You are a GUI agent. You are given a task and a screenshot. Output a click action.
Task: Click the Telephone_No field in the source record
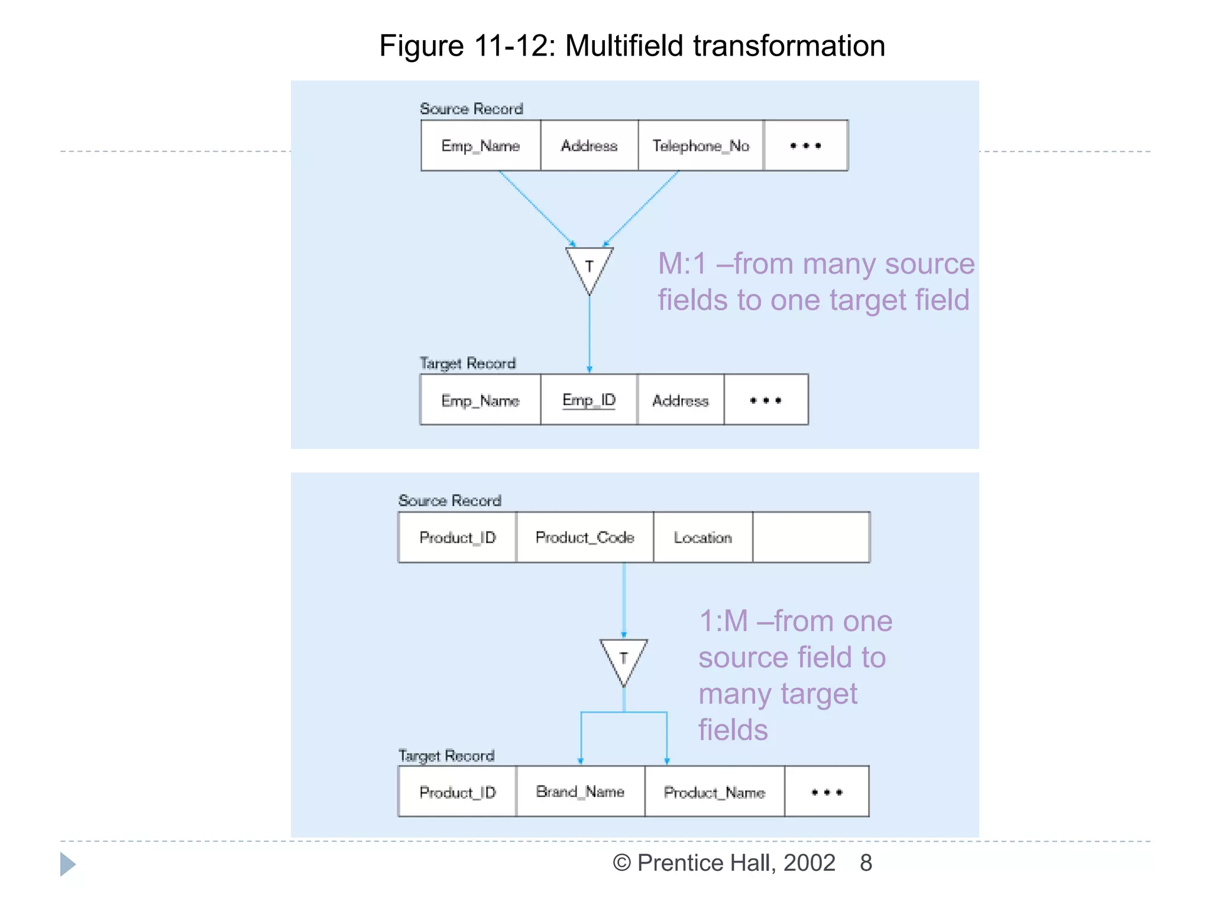tap(701, 145)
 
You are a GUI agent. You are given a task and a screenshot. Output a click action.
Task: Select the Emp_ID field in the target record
tap(589, 400)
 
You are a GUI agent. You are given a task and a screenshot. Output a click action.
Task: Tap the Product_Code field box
tap(584, 537)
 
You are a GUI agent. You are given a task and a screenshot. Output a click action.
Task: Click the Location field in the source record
tap(702, 537)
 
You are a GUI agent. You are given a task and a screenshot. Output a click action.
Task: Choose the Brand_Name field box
tap(580, 792)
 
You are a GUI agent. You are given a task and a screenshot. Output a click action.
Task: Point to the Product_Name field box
tap(714, 792)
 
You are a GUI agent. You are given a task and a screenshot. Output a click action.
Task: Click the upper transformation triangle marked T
tap(589, 267)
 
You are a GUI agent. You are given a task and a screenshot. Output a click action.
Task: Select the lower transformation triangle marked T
tap(623, 659)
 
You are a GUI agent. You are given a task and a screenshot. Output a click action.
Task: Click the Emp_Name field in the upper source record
tap(480, 145)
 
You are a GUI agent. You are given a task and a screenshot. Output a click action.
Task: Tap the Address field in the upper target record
tap(680, 400)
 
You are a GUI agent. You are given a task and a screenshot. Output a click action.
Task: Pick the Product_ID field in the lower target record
tap(457, 792)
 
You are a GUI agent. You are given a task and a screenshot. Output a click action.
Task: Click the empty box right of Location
tap(811, 537)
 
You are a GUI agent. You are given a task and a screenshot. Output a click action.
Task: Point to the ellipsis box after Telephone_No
tap(805, 145)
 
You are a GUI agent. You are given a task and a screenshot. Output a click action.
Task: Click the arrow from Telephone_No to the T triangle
tap(642, 208)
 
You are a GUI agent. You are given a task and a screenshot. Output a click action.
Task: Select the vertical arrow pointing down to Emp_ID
tap(589, 334)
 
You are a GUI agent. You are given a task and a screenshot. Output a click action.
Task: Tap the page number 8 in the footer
tap(866, 863)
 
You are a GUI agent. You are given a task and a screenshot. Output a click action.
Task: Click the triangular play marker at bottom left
tap(67, 864)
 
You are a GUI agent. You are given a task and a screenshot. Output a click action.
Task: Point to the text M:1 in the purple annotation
tap(682, 264)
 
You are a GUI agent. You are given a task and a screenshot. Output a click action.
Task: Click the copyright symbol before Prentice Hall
tap(621, 863)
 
